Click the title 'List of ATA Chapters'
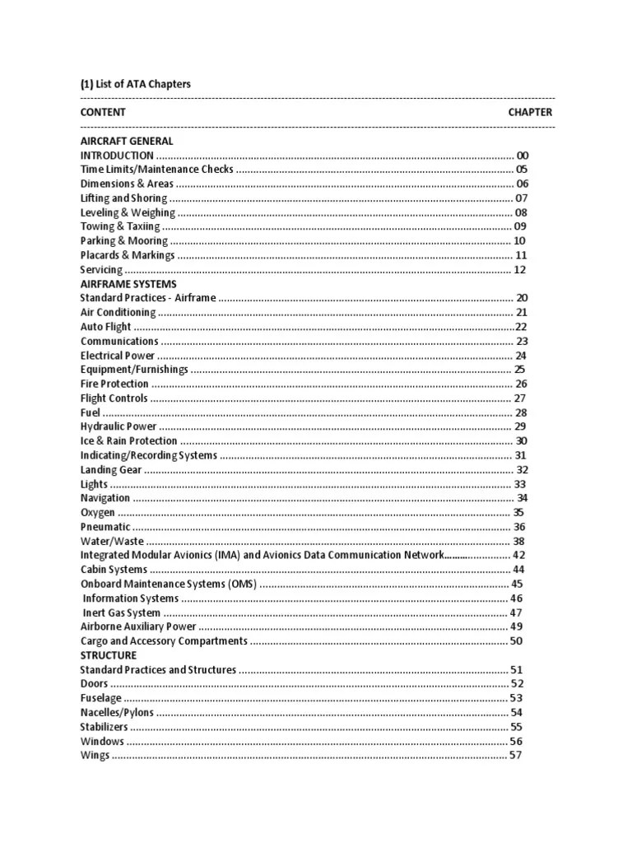click(142, 84)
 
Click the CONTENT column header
click(103, 112)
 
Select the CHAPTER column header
click(530, 112)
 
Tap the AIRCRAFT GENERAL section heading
click(127, 141)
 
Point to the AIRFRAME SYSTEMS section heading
click(128, 284)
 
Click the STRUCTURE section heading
click(109, 655)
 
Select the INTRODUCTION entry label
click(117, 156)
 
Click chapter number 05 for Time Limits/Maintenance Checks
click(521, 170)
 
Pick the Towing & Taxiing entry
click(120, 226)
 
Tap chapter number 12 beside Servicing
click(520, 270)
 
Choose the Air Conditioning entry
click(118, 313)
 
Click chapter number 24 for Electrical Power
click(521, 356)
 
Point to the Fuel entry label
click(90, 412)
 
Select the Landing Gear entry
click(111, 470)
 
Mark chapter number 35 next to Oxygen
click(518, 512)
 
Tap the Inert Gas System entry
click(122, 612)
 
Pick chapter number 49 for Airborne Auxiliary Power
click(518, 626)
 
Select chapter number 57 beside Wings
click(516, 755)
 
